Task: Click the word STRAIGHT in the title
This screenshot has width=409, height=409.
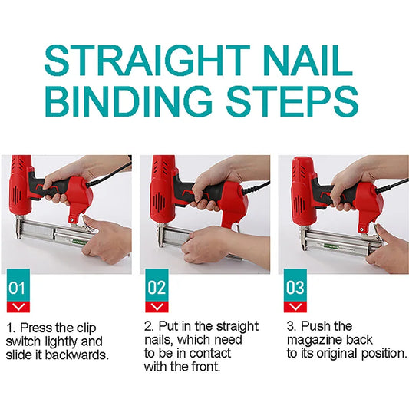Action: [147, 61]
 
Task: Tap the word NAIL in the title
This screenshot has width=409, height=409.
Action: [307, 61]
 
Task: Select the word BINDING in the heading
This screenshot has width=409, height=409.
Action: [129, 101]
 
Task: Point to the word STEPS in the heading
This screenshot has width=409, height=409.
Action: [292, 101]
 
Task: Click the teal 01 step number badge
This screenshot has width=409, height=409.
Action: [18, 285]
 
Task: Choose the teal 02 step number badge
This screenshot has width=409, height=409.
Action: [157, 285]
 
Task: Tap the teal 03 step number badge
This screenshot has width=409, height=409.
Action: [295, 285]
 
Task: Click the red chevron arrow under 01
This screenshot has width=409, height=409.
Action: [18, 307]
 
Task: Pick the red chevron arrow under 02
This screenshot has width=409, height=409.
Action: [157, 307]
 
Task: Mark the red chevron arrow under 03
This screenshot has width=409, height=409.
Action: [295, 307]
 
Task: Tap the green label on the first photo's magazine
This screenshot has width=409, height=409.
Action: [80, 242]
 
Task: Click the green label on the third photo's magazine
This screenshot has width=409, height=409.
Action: [331, 246]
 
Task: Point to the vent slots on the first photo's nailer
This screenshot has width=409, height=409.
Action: [16, 194]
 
